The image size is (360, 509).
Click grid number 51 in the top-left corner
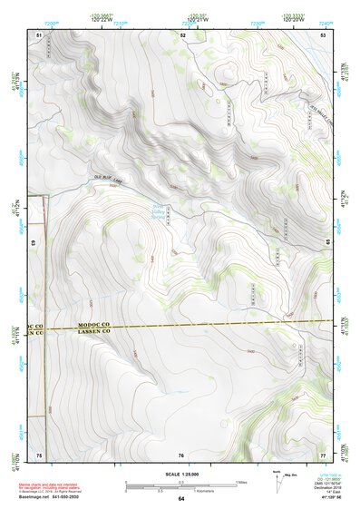39,34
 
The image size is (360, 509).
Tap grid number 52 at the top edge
182,34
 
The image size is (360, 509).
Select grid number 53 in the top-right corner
324,34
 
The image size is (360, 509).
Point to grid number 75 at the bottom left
39,454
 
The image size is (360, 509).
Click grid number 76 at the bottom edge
181,455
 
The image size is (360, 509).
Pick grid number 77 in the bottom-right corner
323,454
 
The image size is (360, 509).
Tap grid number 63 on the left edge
35,243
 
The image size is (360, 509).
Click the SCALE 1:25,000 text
181,474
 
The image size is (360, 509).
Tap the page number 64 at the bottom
181,499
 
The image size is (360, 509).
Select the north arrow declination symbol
277,481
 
